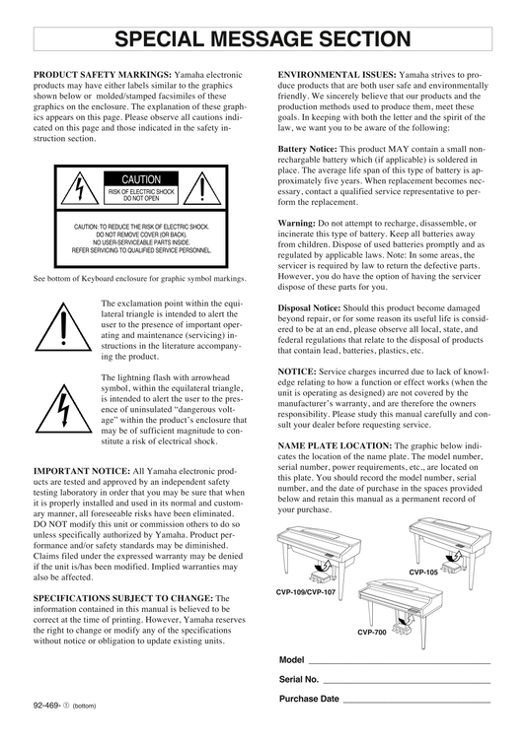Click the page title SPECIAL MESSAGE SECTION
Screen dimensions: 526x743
point(263,38)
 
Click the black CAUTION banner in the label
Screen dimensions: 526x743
point(141,179)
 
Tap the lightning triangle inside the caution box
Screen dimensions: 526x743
point(80,188)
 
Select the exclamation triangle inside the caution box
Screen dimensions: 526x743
point(202,188)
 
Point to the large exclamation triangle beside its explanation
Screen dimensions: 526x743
point(63,328)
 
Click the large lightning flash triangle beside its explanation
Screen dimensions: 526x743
point(63,409)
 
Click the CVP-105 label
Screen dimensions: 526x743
point(423,572)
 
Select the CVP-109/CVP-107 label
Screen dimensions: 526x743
point(306,592)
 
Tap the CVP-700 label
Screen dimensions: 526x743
point(372,632)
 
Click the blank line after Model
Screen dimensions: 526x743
point(400,663)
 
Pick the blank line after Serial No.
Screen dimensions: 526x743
point(407,683)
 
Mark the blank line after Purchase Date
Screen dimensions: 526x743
point(416,703)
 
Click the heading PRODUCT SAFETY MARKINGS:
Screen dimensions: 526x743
point(102,75)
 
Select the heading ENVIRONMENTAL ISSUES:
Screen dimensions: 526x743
point(338,75)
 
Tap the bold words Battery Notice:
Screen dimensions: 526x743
point(308,149)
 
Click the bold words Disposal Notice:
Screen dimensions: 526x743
point(309,308)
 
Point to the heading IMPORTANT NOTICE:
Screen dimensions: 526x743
point(82,471)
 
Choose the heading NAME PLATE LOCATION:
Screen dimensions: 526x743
point(335,445)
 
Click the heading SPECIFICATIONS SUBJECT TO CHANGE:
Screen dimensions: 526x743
point(123,598)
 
